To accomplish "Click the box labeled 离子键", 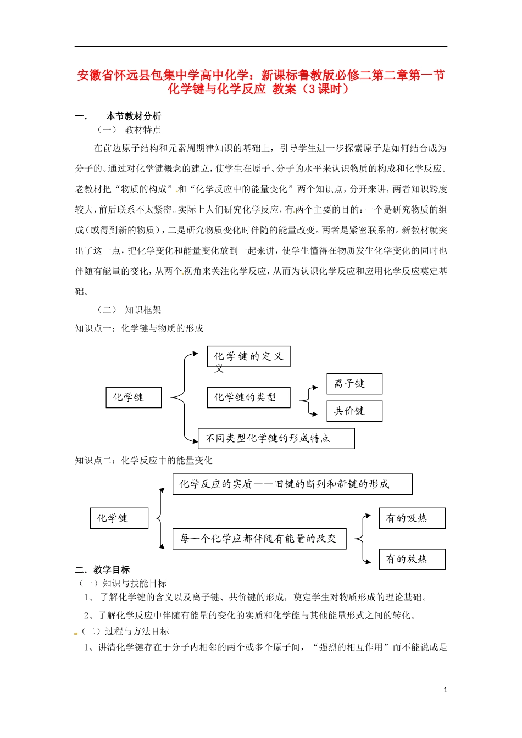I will [x=354, y=384].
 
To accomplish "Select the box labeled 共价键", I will [x=354, y=411].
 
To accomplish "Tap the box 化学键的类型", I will [x=248, y=398].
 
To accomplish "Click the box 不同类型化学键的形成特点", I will [x=276, y=438].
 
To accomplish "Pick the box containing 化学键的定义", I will [x=248, y=356].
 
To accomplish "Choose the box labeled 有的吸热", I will [x=412, y=518].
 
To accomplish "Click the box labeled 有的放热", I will [x=412, y=559].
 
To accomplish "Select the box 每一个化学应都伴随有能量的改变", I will [x=259, y=539].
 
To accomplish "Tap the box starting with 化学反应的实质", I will [x=292, y=484].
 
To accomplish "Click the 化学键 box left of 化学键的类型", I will [x=134, y=398].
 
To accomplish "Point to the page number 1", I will [x=445, y=690].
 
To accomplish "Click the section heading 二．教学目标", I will [x=103, y=569].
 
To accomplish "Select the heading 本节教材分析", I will [x=134, y=116].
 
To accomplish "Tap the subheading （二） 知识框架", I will [x=130, y=310].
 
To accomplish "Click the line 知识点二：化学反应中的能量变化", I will [x=144, y=460].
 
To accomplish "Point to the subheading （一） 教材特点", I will [x=130, y=130].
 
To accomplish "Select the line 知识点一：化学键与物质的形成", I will [x=140, y=328].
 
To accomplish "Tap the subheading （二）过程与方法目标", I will [x=125, y=631].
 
